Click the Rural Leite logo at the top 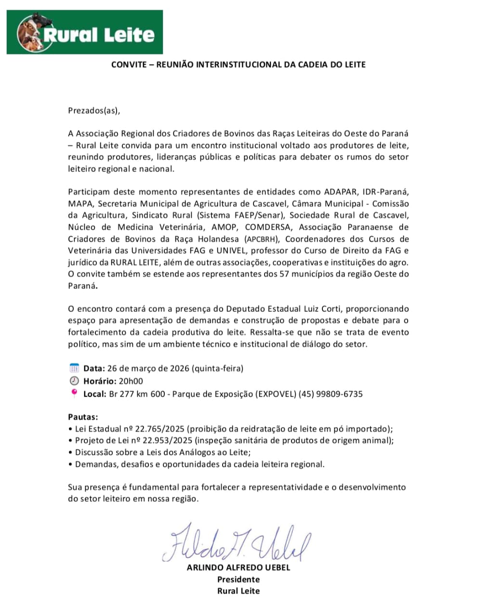(x=85, y=33)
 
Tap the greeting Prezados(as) (x=93, y=110)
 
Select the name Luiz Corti (x=322, y=309)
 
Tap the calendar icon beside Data (x=74, y=369)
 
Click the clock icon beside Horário (x=74, y=381)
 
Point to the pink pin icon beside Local (x=74, y=393)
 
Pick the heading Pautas (x=83, y=417)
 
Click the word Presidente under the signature (x=238, y=579)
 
